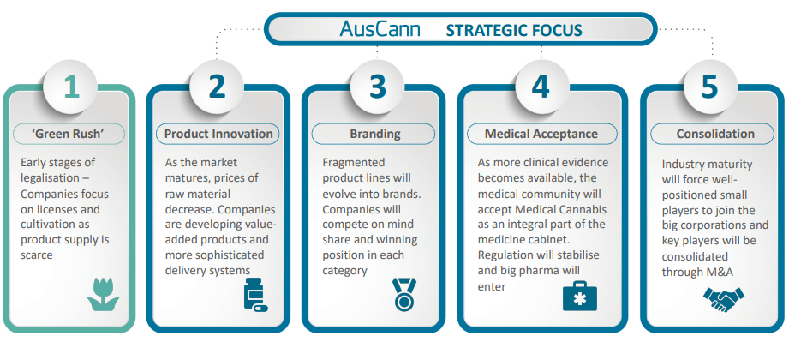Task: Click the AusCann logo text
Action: pos(380,29)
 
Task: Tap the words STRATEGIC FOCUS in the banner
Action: pos(514,30)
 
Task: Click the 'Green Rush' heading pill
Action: pos(69,134)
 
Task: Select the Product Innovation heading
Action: pos(218,134)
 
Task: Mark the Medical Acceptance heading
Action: pos(541,134)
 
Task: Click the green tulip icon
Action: pos(103,295)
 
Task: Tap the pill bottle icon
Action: pos(255,295)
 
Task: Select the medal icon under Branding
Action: pos(404,294)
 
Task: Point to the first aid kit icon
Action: pos(580,296)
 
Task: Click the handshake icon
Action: pos(723,300)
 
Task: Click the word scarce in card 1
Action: pos(37,255)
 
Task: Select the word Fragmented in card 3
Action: pos(354,164)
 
